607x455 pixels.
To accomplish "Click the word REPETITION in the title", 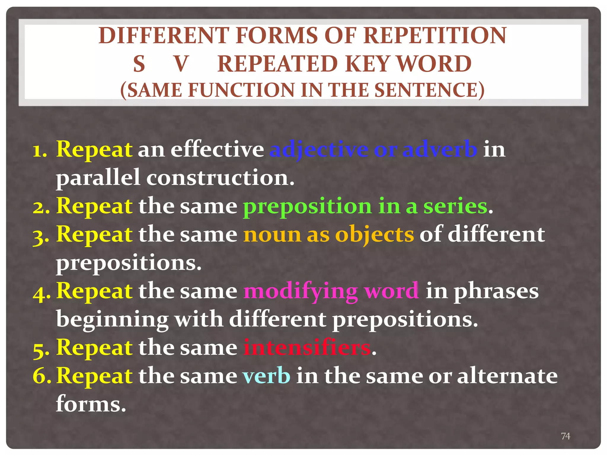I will pos(435,36).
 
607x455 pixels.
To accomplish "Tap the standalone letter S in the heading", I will pos(139,64).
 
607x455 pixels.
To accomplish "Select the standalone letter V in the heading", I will pos(181,64).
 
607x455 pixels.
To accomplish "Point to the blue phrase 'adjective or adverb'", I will pos(373,149).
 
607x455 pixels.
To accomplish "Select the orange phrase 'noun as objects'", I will pos(328,234).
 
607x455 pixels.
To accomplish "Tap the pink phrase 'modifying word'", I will pos(331,291).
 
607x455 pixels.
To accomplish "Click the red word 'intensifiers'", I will pos(307,347).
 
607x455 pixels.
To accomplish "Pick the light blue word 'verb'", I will pos(266,376).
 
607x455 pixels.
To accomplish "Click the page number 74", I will pos(566,436).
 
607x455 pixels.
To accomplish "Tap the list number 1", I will pos(40,150).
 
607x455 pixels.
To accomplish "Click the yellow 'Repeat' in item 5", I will pos(94,347).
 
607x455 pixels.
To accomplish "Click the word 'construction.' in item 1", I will pos(220,178).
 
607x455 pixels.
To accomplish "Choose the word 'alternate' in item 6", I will pos(507,376).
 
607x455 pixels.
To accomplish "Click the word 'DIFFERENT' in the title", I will pos(164,36).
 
